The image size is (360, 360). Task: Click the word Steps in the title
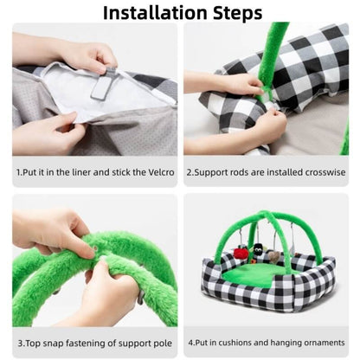(x=231, y=13)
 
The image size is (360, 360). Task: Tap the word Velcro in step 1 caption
(x=157, y=171)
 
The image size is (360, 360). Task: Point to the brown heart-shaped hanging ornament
(x=273, y=256)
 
